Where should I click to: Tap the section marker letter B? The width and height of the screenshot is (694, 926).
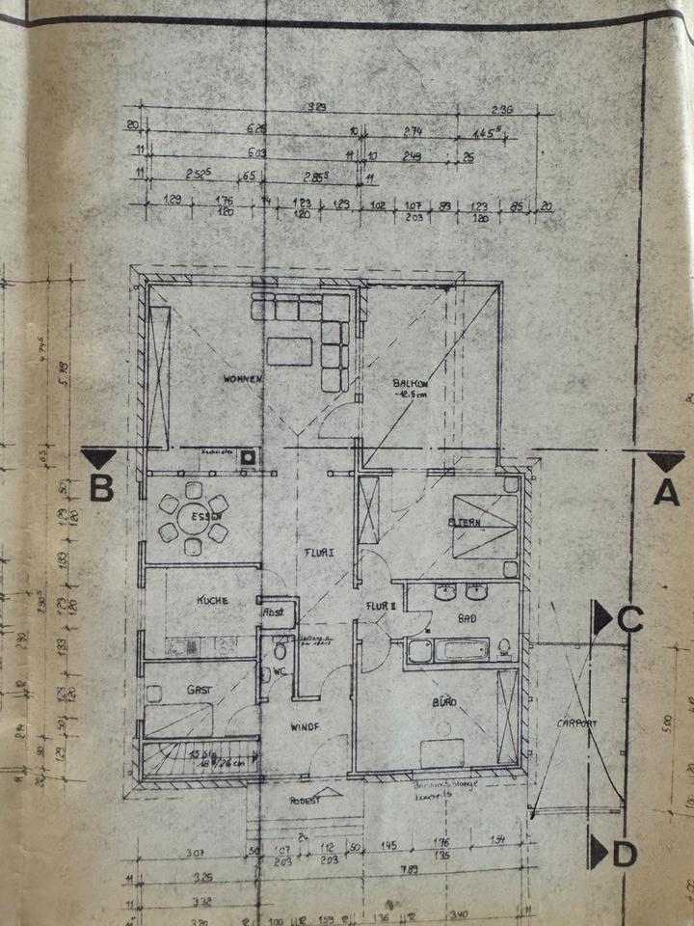[102, 489]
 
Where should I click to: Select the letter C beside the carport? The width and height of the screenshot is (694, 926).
[629, 619]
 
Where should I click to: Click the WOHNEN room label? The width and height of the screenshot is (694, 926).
[241, 379]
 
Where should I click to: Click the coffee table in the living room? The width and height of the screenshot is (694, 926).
[289, 350]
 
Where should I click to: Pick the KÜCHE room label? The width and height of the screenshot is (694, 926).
[212, 600]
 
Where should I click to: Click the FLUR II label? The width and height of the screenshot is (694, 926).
[381, 606]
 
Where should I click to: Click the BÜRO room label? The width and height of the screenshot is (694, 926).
[443, 701]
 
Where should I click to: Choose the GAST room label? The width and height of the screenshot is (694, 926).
[200, 689]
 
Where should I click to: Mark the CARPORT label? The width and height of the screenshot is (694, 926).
[576, 722]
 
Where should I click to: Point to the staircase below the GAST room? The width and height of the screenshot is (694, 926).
[200, 756]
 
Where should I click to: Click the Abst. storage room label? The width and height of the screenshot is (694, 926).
[274, 612]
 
